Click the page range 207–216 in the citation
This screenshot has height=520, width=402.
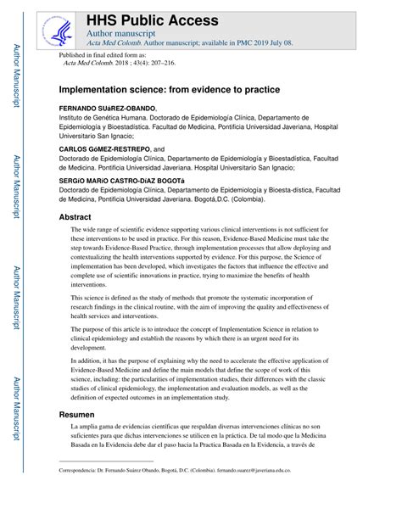click(x=161, y=62)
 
